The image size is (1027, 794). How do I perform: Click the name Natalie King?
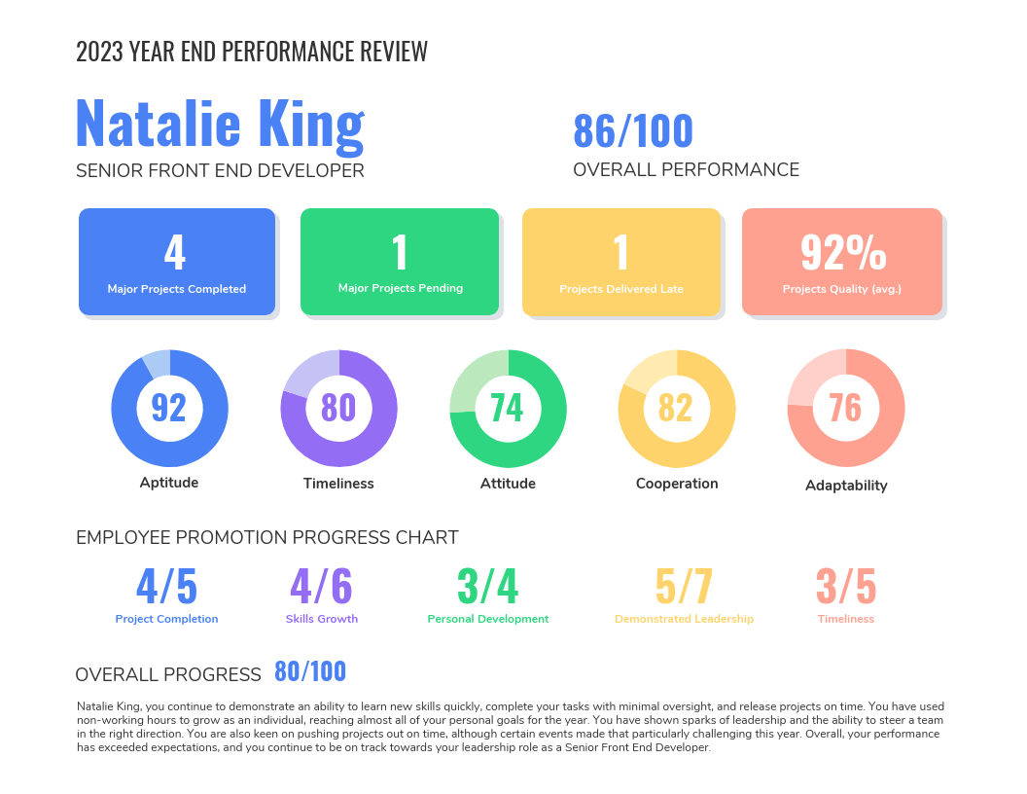tap(219, 124)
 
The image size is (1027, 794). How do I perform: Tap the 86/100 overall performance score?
tap(633, 131)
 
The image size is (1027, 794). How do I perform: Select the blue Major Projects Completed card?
tap(177, 262)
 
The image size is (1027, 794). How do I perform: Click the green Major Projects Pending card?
tap(400, 262)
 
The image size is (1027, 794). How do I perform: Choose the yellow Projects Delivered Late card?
tap(621, 262)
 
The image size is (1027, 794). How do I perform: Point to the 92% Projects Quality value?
tap(843, 252)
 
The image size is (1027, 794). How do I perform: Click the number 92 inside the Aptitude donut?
tap(169, 407)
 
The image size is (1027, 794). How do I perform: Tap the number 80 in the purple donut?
tap(338, 407)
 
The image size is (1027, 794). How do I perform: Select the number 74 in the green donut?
tap(507, 407)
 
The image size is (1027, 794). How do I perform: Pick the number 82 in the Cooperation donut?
tap(676, 407)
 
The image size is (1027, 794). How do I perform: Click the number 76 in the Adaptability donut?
tap(845, 407)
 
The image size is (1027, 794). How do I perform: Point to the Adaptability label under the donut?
tap(846, 486)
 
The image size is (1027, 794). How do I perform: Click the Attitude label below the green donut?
tap(508, 484)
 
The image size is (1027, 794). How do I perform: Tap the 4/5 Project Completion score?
tap(166, 586)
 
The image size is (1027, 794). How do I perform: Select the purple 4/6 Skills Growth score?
tap(321, 586)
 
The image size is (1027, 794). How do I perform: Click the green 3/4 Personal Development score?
tap(488, 586)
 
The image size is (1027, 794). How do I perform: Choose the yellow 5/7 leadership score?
tap(684, 586)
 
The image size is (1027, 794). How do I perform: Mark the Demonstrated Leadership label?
tap(684, 619)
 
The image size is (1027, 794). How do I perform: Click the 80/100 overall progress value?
tap(310, 672)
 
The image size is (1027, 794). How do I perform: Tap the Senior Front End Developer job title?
tap(220, 171)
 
